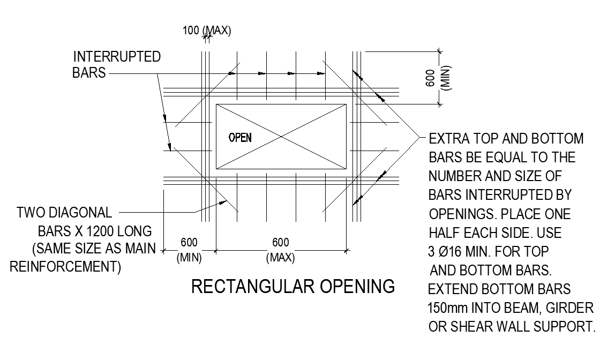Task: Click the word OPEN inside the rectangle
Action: [x=240, y=138]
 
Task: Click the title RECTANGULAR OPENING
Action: [x=293, y=287]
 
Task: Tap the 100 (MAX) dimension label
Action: [x=207, y=31]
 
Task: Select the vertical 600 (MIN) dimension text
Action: [x=445, y=78]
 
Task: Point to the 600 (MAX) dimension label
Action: [x=280, y=250]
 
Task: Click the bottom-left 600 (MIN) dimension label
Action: [x=189, y=250]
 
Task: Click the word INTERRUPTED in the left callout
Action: [x=117, y=57]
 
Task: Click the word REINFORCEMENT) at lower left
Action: [x=65, y=266]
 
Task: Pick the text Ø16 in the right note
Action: [x=454, y=250]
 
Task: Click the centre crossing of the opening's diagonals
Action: [x=281, y=137]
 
